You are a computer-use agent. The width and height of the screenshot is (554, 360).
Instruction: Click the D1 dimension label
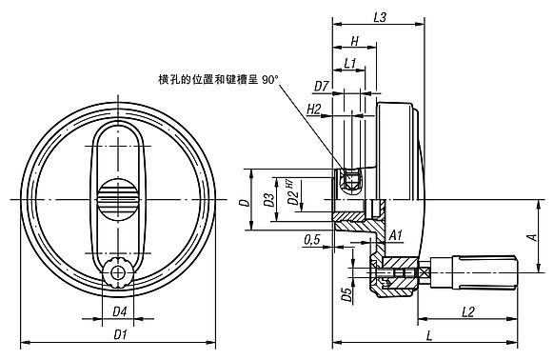(x=121, y=334)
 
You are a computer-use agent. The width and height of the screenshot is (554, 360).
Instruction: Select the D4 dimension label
(x=119, y=312)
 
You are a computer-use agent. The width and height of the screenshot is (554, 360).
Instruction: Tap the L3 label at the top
(x=380, y=17)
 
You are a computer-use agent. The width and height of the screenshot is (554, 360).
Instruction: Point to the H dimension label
(x=355, y=41)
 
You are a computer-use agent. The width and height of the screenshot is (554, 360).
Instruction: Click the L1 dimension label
(x=349, y=64)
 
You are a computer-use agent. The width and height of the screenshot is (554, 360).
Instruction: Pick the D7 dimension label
(x=322, y=87)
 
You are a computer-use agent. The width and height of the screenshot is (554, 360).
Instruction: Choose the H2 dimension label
(x=313, y=110)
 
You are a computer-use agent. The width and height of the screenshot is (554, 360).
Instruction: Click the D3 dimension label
(x=269, y=200)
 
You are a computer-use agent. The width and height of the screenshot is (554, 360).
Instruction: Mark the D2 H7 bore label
(x=292, y=193)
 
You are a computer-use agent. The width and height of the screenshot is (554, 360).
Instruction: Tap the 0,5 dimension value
(x=311, y=240)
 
